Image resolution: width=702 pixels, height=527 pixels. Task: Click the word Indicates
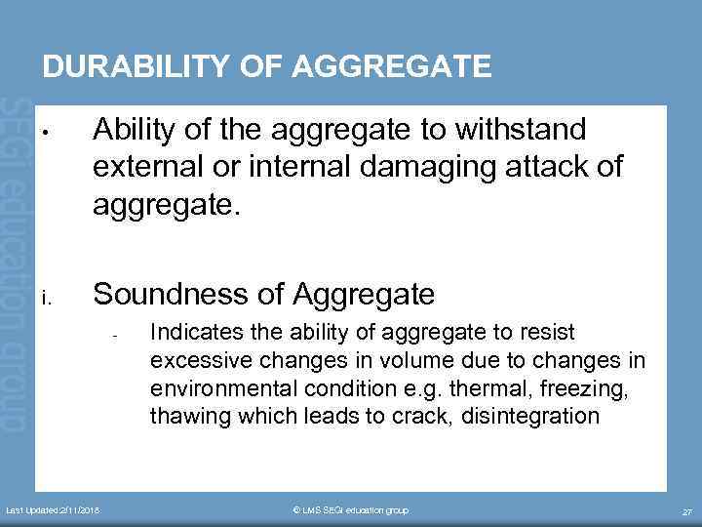pos(192,333)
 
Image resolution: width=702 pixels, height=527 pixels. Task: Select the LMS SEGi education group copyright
pos(351,510)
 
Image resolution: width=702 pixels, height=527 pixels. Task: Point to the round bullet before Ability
pos(46,132)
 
